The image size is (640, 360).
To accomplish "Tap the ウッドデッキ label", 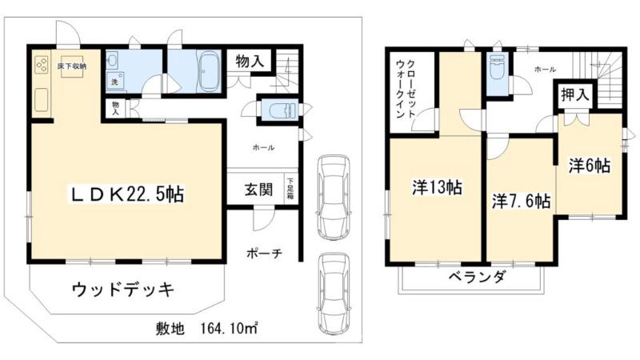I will [122, 289].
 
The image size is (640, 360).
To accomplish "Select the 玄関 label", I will [258, 190].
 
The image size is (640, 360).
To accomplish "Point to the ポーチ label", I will [263, 254].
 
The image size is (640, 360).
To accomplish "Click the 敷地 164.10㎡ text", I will [206, 329].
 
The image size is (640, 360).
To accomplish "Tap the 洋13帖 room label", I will [436, 188].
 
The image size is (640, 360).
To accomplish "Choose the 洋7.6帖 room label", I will [521, 201].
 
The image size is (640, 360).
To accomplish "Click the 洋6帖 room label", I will [590, 166].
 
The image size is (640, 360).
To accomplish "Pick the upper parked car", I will [334, 195].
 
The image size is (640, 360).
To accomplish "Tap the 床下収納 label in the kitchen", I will [72, 66].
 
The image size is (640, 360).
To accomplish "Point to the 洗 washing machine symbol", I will [115, 82].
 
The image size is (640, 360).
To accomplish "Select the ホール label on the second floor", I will [545, 70].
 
